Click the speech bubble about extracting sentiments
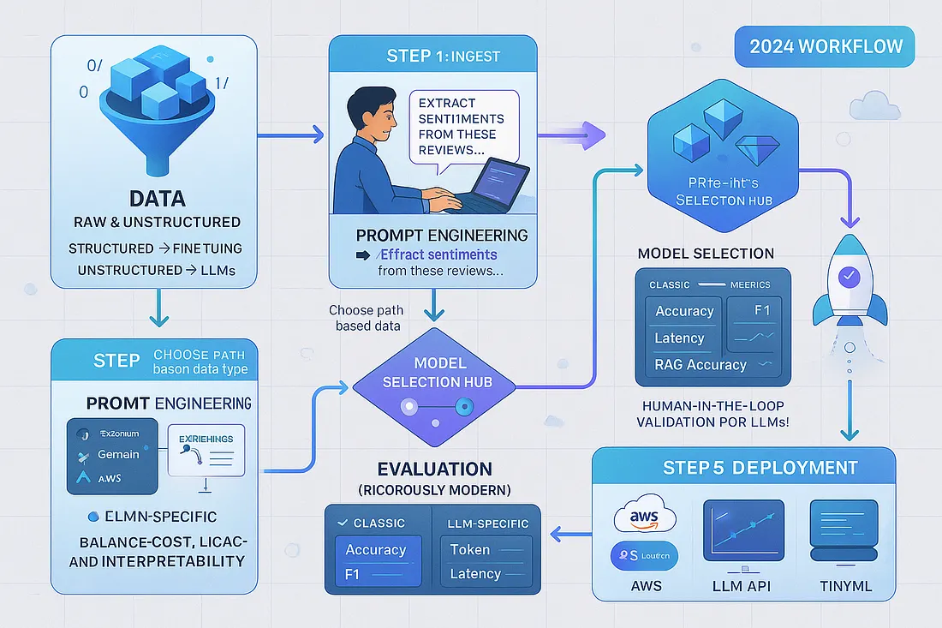[x=462, y=126]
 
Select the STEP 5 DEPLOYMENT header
[x=760, y=468]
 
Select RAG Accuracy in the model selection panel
[x=701, y=364]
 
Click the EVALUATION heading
[x=436, y=469]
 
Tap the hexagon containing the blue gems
[x=718, y=163]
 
